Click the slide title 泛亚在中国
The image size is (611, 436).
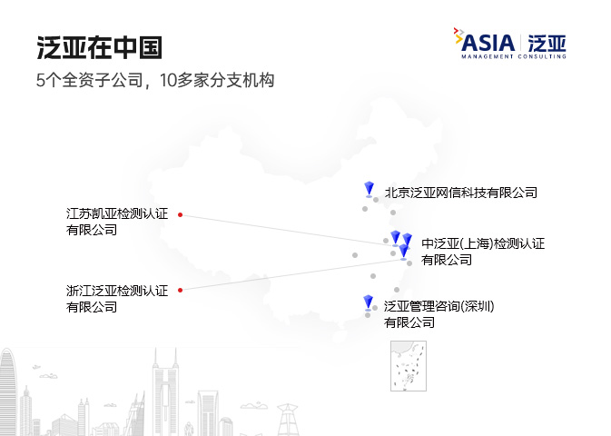click(x=100, y=47)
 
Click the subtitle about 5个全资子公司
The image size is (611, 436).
click(x=155, y=80)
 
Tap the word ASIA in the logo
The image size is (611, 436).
click(x=488, y=42)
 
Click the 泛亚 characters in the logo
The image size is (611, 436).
click(x=547, y=42)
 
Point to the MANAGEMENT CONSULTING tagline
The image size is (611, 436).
click(x=513, y=56)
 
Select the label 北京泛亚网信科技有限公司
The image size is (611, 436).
click(x=460, y=193)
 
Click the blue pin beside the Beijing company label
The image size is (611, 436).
click(x=369, y=189)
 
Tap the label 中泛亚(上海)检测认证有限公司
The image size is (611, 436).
click(x=482, y=251)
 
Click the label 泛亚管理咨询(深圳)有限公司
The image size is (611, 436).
click(x=439, y=313)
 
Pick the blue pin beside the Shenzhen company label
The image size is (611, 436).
click(x=368, y=302)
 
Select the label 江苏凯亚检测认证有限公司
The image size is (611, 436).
click(x=116, y=222)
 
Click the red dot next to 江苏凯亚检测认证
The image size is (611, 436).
click(x=180, y=215)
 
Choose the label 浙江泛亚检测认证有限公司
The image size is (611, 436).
click(x=116, y=298)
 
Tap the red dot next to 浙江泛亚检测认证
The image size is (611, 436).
click(x=180, y=291)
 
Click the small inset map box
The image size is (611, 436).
click(x=409, y=366)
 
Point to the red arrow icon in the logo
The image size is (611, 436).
click(x=457, y=34)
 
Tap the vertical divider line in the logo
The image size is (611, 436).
click(x=521, y=42)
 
